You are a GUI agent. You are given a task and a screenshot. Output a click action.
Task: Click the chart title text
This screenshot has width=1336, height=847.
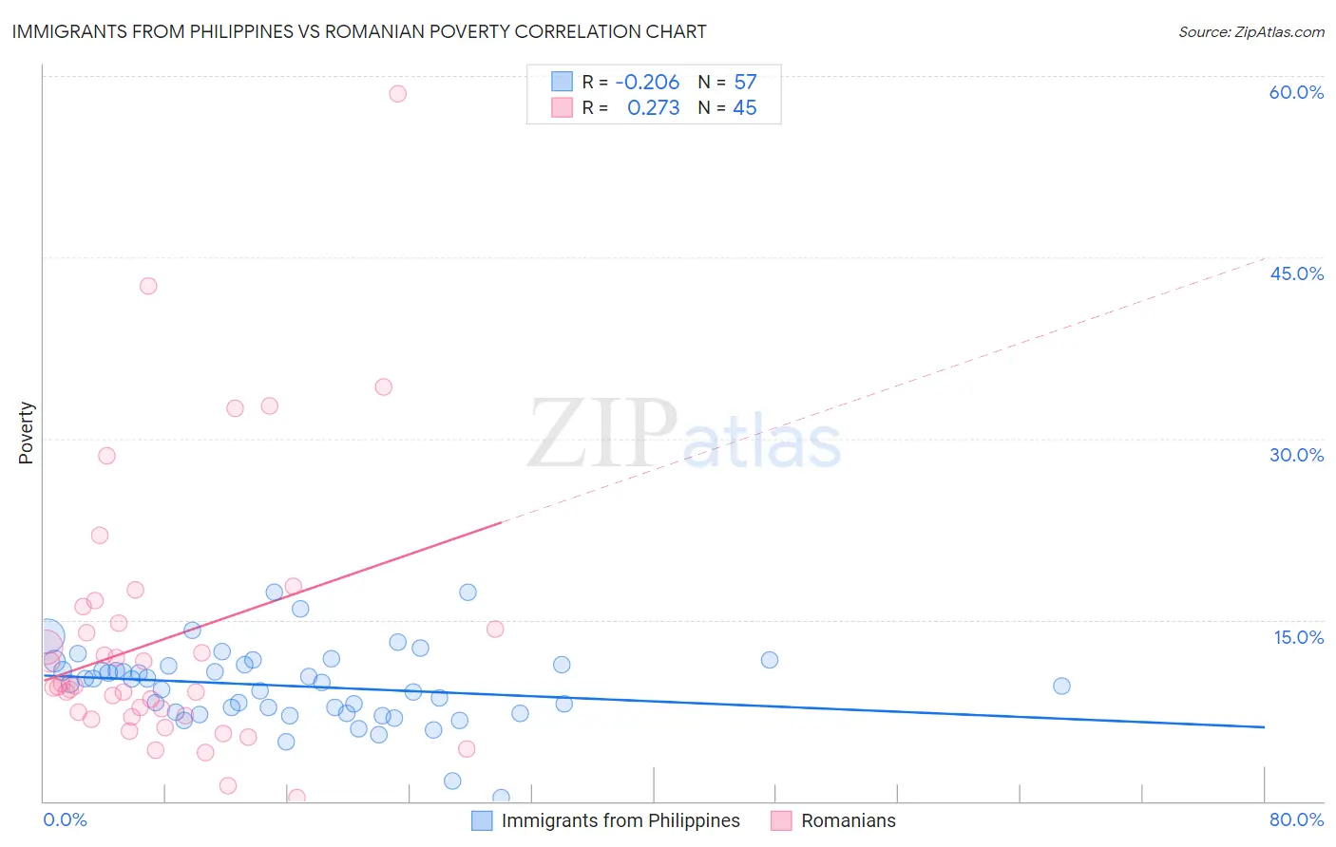click(358, 31)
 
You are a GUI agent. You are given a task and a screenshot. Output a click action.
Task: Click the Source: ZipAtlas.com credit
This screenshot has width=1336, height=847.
click(1250, 32)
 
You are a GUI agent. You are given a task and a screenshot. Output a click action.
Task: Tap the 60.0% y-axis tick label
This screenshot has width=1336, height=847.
click(1296, 92)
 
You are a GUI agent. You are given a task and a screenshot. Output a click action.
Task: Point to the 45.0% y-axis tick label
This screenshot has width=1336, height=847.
click(1296, 273)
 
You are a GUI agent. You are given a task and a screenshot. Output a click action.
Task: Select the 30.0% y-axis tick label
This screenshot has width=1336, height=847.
click(1296, 455)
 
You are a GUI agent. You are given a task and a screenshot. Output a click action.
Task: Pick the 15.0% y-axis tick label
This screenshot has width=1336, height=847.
click(1298, 637)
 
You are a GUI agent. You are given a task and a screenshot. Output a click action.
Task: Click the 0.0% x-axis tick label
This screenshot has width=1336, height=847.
click(65, 819)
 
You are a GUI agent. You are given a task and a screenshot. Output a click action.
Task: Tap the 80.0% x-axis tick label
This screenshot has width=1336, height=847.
click(1296, 819)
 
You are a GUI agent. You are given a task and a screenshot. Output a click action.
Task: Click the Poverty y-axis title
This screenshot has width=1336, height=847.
click(26, 433)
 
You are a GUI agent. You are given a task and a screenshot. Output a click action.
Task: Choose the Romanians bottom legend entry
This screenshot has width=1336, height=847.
click(848, 820)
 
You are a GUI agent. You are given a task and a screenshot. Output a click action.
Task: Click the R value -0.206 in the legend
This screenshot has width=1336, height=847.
click(647, 83)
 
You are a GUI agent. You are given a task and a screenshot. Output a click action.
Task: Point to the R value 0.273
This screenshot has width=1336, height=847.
click(653, 108)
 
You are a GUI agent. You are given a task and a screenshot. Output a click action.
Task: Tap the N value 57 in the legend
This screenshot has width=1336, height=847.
click(745, 83)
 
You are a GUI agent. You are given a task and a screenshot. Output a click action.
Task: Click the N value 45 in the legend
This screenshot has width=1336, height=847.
click(745, 108)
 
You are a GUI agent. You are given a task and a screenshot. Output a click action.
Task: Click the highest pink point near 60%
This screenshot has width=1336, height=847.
click(397, 94)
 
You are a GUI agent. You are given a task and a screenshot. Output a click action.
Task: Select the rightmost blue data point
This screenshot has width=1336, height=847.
click(1061, 686)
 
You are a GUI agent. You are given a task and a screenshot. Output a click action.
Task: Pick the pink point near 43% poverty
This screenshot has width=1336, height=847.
click(148, 286)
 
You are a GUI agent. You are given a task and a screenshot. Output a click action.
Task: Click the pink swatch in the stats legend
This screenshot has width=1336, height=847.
click(562, 108)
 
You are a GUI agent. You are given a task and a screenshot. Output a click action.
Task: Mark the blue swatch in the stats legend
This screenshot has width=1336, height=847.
click(562, 82)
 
